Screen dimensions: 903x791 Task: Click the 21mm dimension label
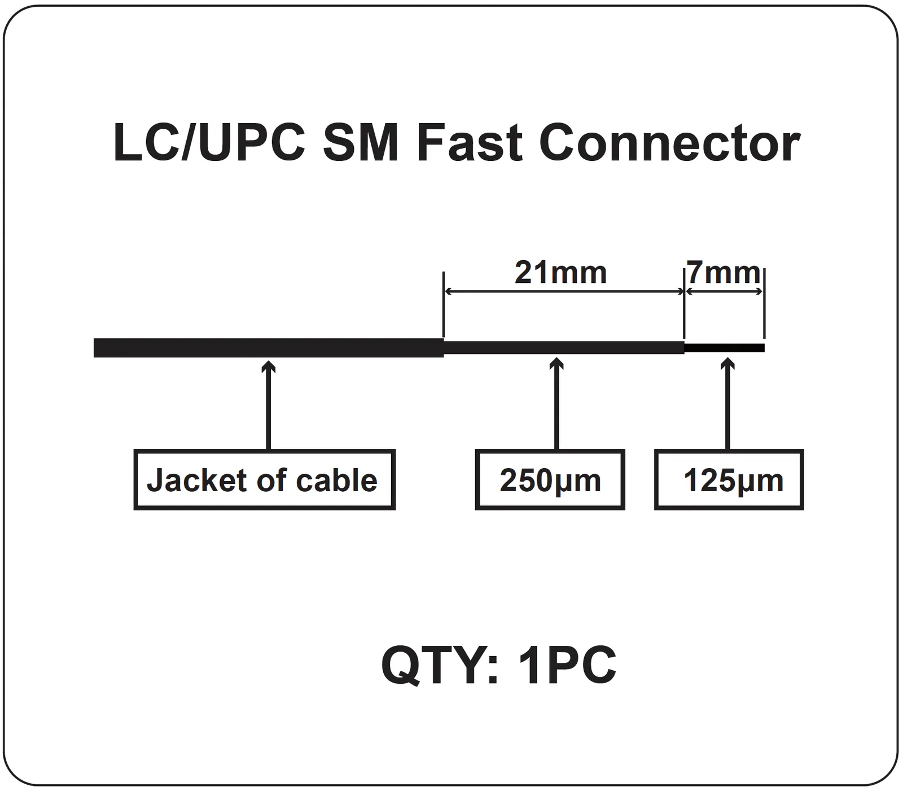point(560,273)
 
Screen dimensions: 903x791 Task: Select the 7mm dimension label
point(724,273)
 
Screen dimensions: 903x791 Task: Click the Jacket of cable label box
point(264,480)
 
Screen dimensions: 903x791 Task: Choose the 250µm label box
point(550,480)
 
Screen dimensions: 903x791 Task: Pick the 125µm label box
point(729,480)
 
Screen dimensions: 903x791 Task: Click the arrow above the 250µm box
point(557,404)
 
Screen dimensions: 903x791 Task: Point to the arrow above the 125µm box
point(727,404)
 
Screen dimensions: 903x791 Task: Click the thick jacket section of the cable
point(269,348)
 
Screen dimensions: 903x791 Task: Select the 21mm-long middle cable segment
point(564,348)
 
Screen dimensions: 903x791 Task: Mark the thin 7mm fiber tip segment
point(725,348)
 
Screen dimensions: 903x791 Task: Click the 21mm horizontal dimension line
point(564,291)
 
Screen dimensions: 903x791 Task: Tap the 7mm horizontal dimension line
point(724,291)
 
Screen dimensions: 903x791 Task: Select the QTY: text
point(440,666)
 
